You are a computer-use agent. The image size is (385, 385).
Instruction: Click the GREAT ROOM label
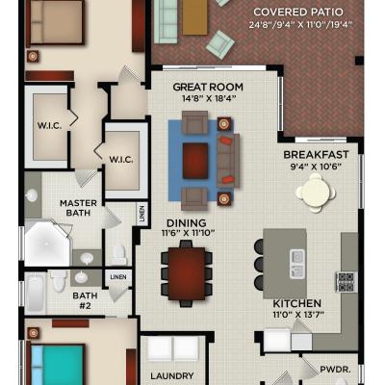(x=208, y=87)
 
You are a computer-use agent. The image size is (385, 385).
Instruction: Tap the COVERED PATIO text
(x=298, y=13)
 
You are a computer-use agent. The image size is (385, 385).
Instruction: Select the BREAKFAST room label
(x=316, y=155)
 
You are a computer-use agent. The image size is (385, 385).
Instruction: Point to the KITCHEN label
(x=297, y=303)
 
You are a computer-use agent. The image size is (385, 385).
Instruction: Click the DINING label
(x=187, y=223)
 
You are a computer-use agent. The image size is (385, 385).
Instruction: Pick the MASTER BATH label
(x=78, y=208)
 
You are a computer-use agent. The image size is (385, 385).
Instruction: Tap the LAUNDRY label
(x=172, y=375)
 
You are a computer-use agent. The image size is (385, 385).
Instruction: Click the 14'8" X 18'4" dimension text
(x=209, y=98)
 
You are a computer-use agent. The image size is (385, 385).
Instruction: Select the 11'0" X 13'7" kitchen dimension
(x=298, y=314)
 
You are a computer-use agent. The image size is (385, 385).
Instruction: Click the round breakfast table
(x=316, y=193)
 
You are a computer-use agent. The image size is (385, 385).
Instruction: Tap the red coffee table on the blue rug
(x=195, y=161)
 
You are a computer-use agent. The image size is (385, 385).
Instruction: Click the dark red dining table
(x=187, y=273)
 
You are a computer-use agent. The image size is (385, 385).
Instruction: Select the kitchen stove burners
(x=346, y=282)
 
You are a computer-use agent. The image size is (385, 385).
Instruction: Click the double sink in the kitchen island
(x=297, y=264)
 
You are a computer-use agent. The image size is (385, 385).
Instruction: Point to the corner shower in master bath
(x=47, y=243)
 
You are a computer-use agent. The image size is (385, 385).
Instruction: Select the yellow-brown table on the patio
(x=195, y=17)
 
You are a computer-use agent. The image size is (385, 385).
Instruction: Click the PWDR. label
(x=336, y=370)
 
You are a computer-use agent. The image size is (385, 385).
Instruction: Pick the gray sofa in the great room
(x=228, y=161)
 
